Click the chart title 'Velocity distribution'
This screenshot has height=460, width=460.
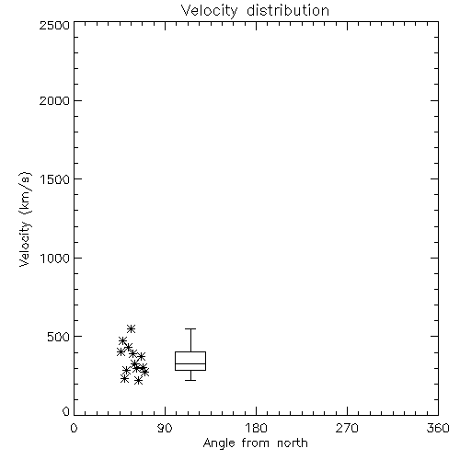255,11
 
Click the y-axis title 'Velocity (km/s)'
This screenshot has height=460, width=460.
25,219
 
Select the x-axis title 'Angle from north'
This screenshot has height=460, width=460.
256,443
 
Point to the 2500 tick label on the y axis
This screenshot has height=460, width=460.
54,25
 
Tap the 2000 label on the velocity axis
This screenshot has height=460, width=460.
54,100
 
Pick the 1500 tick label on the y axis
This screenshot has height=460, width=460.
55,179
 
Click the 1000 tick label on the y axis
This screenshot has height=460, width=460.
55,258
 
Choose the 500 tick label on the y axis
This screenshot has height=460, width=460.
59,337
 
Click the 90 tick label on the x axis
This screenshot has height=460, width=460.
165,428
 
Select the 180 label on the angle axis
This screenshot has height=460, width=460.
256,428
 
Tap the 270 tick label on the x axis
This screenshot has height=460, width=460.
347,428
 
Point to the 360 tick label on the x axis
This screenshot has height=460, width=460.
438,428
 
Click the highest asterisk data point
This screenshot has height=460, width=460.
131,329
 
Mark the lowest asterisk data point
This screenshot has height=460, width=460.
139,381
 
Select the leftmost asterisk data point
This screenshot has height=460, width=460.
121,352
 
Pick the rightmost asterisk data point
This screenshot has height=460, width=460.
145,372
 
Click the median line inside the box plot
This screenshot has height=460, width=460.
190,363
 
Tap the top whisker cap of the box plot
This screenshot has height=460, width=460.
190,329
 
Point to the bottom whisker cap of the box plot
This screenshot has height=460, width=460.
190,380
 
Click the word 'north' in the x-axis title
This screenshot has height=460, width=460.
293,443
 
